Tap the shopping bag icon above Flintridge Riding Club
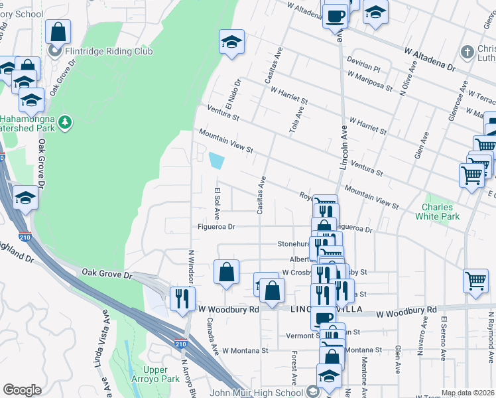click(x=58, y=31)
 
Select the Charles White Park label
click(x=437, y=211)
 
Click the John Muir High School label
click(x=261, y=391)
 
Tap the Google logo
click(x=22, y=390)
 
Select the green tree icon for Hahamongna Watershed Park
click(x=64, y=121)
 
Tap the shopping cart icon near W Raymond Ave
click(x=475, y=280)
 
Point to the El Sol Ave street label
click(x=216, y=203)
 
